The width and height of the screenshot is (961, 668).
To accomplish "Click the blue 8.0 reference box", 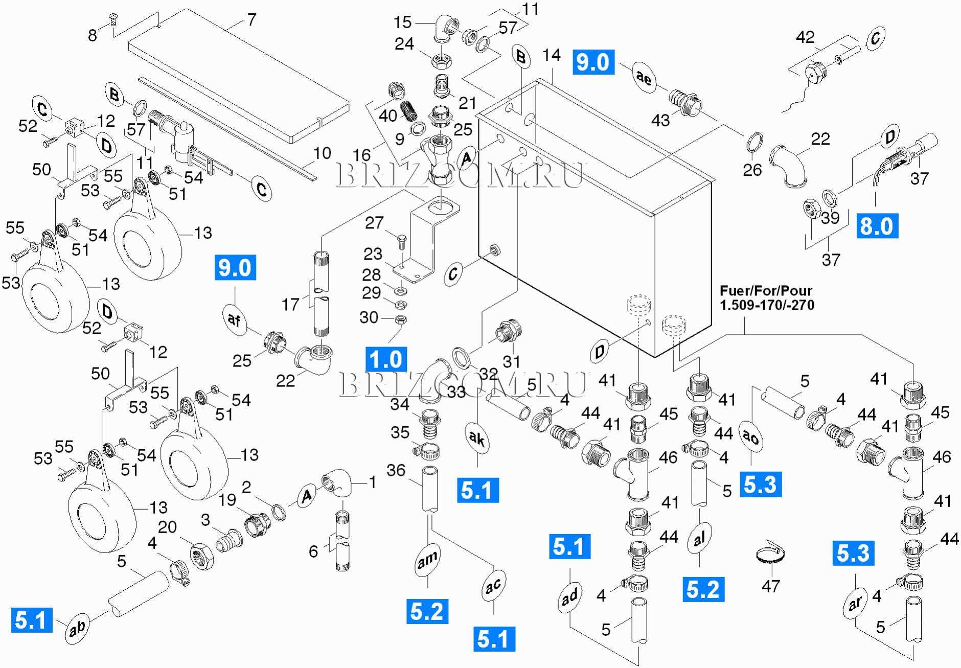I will click(877, 226).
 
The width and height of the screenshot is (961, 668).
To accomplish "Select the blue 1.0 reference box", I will click(386, 359).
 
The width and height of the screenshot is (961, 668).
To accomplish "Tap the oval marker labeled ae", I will click(644, 77).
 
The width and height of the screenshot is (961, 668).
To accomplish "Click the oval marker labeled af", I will click(234, 320).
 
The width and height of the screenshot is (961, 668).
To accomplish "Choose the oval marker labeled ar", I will click(855, 604).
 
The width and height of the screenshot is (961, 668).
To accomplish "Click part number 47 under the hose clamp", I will click(771, 586).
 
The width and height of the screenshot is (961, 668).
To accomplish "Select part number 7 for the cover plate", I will click(251, 20).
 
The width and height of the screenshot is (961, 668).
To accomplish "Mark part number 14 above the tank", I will click(551, 55).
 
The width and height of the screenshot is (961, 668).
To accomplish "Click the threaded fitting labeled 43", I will click(684, 102).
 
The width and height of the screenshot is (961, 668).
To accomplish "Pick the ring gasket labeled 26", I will click(755, 143).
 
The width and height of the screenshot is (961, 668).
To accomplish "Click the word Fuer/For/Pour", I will click(766, 291).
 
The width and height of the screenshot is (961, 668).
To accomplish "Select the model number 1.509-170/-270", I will click(767, 305).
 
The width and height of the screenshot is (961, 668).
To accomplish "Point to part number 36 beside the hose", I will click(396, 470).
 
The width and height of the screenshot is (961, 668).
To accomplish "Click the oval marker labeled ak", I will click(477, 438).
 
